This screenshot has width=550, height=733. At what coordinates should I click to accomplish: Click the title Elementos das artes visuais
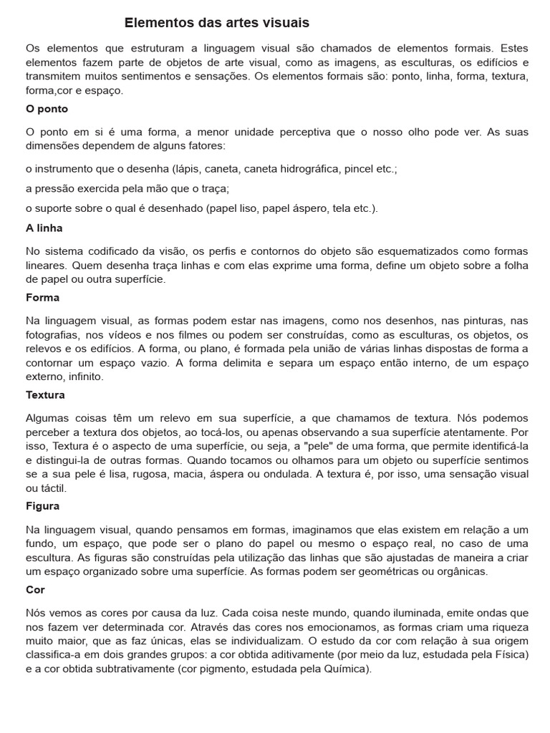[x=217, y=23]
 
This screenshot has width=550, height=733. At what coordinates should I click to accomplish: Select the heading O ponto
[x=47, y=109]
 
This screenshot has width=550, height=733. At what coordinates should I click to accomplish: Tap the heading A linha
[x=44, y=228]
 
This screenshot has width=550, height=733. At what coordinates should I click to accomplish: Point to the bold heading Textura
[x=45, y=394]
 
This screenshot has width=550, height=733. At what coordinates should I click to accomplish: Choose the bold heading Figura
[x=42, y=505]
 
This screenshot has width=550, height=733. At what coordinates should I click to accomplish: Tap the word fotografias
[x=52, y=334]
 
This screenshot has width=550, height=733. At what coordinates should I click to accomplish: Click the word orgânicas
[x=463, y=571]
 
